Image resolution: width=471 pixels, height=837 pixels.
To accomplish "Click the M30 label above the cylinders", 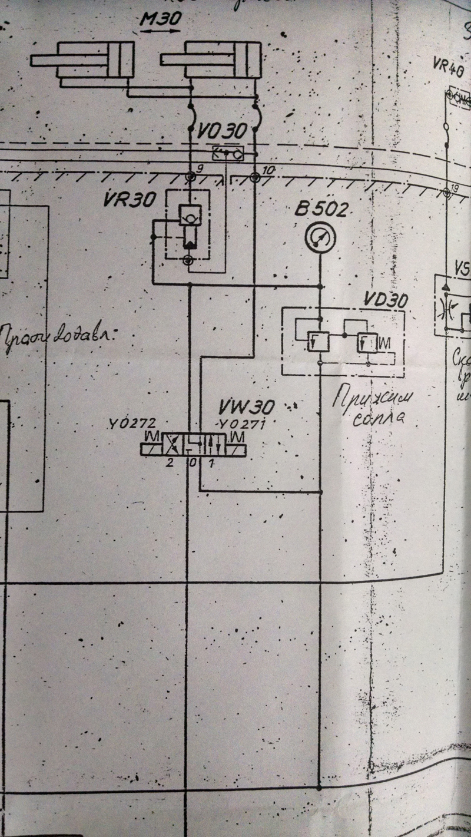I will click(x=160, y=19).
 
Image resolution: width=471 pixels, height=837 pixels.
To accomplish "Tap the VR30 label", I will click(x=130, y=200).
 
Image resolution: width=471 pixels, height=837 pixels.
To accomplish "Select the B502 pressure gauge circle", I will click(x=320, y=238).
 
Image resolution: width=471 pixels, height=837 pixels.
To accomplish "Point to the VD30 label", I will click(x=386, y=300).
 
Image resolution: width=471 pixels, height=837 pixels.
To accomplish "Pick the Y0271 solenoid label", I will click(x=240, y=424).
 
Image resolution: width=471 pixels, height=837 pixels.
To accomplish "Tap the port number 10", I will click(x=267, y=170).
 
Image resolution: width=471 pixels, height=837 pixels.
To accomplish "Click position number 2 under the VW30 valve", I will click(x=170, y=462).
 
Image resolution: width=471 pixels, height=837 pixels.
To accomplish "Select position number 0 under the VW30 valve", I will click(x=193, y=462).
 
